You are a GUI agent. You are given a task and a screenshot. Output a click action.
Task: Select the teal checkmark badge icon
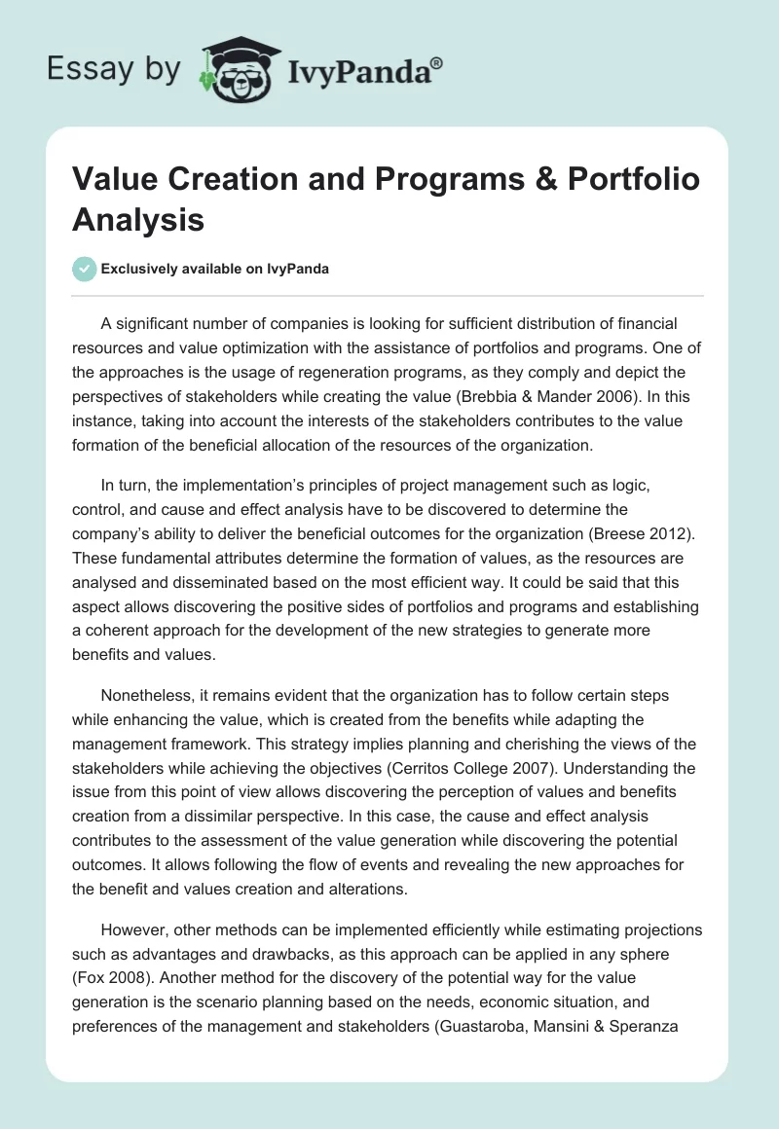(84, 269)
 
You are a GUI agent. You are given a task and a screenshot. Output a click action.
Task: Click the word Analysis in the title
(137, 220)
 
